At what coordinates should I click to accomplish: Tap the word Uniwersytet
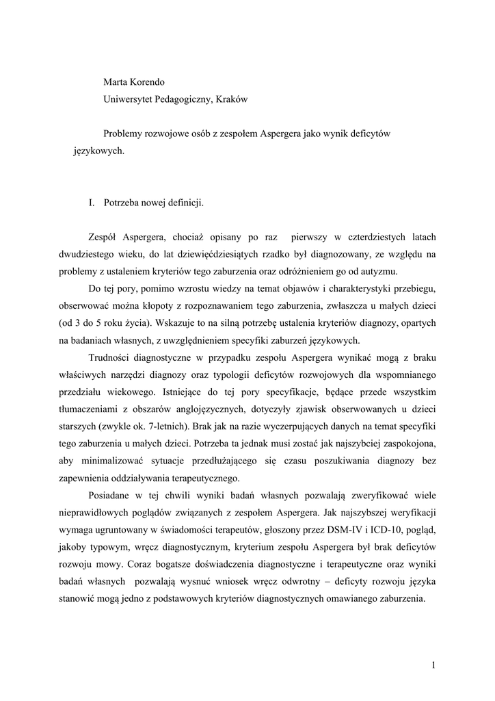click(x=131, y=99)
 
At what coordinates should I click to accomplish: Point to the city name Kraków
click(x=232, y=99)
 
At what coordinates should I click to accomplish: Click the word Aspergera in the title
click(x=282, y=133)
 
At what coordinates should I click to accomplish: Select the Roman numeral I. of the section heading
click(x=92, y=203)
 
